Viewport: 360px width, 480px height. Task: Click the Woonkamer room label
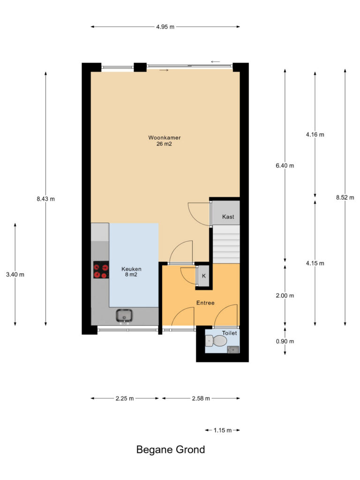(165, 138)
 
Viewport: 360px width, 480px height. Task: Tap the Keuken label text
(131, 269)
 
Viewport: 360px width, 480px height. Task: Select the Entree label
(205, 303)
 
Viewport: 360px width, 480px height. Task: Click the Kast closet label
(228, 217)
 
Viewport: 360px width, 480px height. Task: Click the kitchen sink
(124, 316)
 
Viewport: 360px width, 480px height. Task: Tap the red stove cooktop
(101, 270)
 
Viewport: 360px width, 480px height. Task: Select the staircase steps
(226, 244)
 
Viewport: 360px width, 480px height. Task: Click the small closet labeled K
(203, 276)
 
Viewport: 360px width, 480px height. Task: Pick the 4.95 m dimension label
(165, 27)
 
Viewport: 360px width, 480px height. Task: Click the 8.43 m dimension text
(45, 199)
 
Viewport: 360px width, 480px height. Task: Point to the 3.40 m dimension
(15, 275)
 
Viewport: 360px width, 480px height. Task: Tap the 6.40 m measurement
(285, 165)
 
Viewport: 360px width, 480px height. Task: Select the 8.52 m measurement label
(345, 197)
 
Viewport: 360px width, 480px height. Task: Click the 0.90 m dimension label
(285, 341)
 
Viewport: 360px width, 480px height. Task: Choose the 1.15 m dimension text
(223, 430)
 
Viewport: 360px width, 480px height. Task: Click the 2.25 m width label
(125, 398)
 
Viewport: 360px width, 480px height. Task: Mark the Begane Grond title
(171, 450)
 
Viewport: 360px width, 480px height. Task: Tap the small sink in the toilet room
(233, 350)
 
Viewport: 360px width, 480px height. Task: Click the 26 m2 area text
(164, 143)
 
